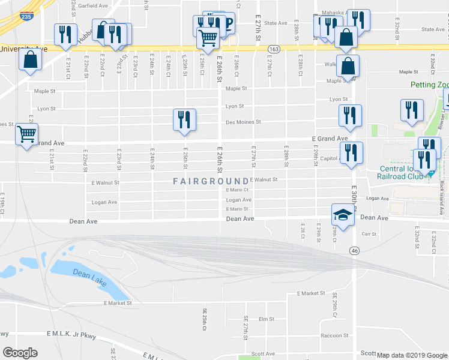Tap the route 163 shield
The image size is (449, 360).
pos(273,49)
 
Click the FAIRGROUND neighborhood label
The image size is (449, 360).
pos(211,181)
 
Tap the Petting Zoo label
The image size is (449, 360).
pos(430,85)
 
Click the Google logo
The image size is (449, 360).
pos(20,352)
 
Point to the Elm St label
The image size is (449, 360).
pos(266,319)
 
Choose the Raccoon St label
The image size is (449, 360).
pos(334,336)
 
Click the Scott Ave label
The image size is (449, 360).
pos(262,354)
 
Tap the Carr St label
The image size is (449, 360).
pos(369,234)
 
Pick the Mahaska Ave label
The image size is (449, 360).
pos(334,12)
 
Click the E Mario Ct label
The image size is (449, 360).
pos(237,190)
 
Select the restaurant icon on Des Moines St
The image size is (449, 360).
pos(184,119)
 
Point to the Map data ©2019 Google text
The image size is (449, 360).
pos(412,355)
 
